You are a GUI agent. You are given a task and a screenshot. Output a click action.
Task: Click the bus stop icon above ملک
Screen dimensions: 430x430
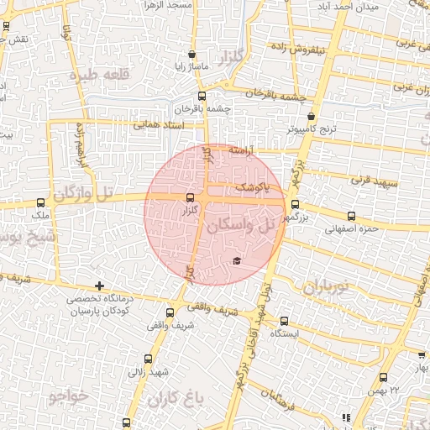pyautogui.click(x=41, y=202)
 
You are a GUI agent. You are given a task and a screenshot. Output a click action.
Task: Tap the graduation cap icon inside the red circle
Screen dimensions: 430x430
pyautogui.click(x=237, y=261)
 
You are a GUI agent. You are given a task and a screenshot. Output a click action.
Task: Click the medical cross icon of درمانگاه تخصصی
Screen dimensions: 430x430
pyautogui.click(x=100, y=286)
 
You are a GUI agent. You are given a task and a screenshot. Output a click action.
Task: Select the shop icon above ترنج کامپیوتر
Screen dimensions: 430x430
pyautogui.click(x=311, y=117)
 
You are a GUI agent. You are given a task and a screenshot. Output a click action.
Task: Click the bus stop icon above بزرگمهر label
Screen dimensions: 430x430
pyautogui.click(x=295, y=203)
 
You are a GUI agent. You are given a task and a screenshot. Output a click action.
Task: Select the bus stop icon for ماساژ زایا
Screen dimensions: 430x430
pyautogui.click(x=194, y=51)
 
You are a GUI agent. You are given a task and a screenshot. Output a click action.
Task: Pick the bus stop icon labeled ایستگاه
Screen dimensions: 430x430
pyautogui.click(x=283, y=320)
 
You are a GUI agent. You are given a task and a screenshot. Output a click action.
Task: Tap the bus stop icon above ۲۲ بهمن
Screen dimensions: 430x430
pyautogui.click(x=385, y=377)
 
